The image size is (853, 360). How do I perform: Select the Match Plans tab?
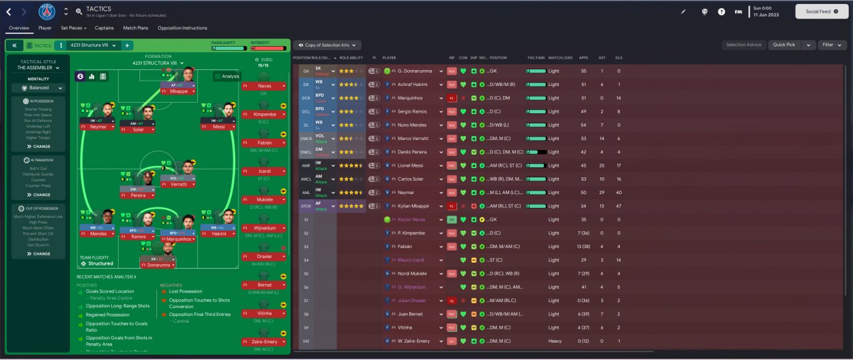point(136,28)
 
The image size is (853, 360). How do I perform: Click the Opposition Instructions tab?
point(182,28)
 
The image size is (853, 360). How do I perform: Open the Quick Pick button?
point(784,45)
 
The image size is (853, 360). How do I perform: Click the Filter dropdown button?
point(831,45)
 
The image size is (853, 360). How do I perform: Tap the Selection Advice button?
point(744,45)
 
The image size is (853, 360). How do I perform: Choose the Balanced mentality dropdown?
point(39,87)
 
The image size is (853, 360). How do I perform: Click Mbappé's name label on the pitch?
point(177,91)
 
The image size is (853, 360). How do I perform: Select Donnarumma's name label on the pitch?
point(159,265)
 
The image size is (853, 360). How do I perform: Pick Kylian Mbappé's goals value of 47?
point(618,205)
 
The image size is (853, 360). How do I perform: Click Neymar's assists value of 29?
point(602,192)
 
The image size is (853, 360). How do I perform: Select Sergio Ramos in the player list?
point(411,111)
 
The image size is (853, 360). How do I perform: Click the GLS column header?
point(618,58)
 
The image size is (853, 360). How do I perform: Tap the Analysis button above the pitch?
point(227,76)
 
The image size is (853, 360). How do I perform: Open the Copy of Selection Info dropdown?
point(327,45)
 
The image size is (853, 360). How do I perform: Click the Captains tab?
point(104,28)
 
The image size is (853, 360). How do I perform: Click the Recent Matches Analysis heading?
point(107,276)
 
